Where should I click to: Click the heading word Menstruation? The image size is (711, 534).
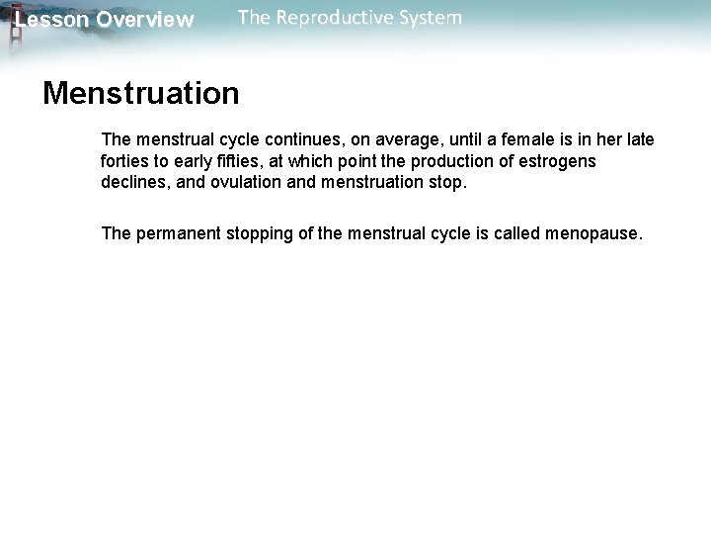click(x=140, y=94)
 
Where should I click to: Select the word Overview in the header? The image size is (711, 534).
click(x=145, y=20)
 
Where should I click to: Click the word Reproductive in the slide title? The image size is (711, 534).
click(x=331, y=17)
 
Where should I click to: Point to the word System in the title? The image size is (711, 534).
click(x=428, y=17)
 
